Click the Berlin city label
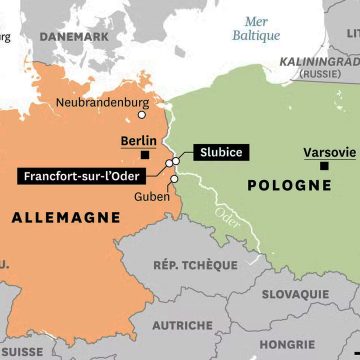(138, 141)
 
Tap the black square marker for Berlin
(146, 156)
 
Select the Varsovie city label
(329, 152)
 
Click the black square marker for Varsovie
(323, 165)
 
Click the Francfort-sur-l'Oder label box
(81, 176)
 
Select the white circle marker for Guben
(174, 180)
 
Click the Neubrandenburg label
(102, 103)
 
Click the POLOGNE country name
(292, 185)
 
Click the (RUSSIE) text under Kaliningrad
(320, 74)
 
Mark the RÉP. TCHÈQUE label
(195, 265)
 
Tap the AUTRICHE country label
(182, 325)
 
